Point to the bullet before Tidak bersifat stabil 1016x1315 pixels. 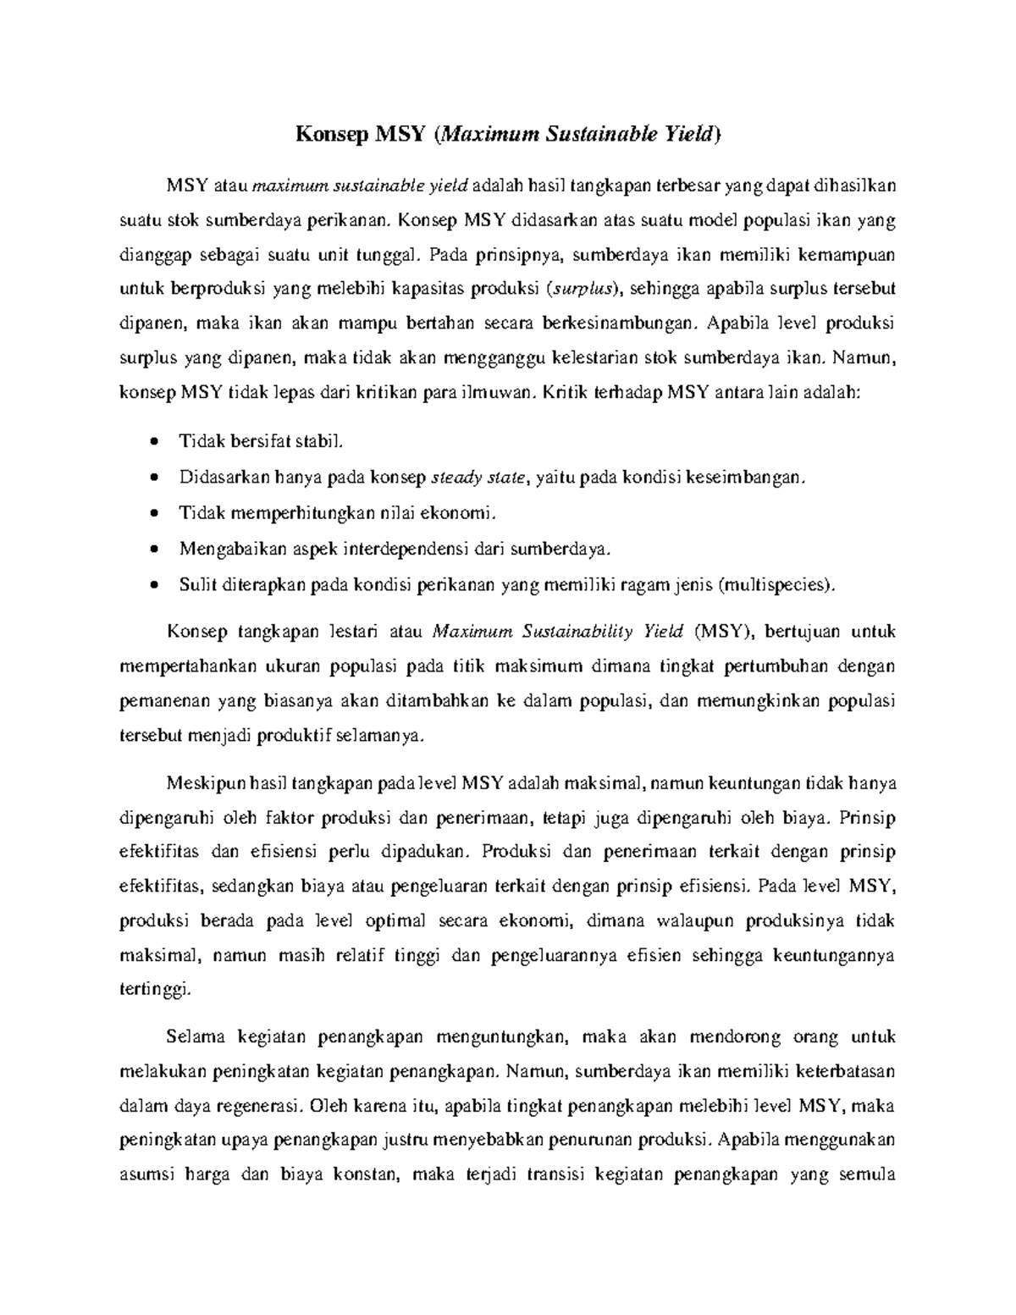[153, 442]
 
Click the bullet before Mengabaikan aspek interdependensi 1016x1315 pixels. [153, 550]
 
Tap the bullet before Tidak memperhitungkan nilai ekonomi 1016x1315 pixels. [153, 514]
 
